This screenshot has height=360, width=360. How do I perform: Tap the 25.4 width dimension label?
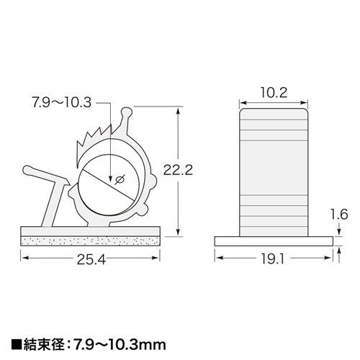click(92, 260)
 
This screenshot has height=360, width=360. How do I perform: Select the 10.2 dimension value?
click(274, 92)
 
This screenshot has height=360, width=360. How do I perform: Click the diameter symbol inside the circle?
click(120, 179)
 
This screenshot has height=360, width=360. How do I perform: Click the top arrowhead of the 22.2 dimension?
click(177, 109)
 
